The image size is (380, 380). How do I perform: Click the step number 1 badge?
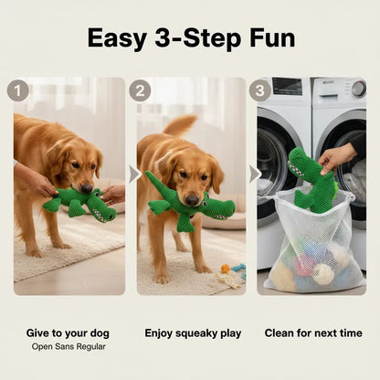(18, 90)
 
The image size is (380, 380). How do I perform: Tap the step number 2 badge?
(140, 90)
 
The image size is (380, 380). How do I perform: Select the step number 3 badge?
(260, 90)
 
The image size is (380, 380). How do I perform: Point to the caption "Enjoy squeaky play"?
(193, 332)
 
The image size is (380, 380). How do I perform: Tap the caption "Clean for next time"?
(313, 332)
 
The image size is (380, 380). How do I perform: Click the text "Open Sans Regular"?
(69, 346)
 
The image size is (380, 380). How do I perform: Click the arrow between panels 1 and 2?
(132, 174)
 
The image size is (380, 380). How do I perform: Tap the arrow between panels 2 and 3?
(253, 174)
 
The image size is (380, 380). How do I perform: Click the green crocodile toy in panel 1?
(78, 203)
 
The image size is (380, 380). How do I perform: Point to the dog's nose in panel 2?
(192, 197)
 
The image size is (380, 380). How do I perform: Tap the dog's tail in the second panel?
(180, 124)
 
